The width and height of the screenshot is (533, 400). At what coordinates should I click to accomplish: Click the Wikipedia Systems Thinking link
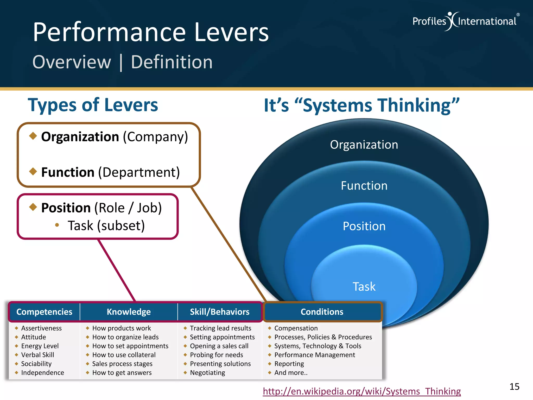coord(362,391)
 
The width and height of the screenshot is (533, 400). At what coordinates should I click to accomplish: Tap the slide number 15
coord(514,387)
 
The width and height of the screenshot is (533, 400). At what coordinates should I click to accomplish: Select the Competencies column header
coord(44,312)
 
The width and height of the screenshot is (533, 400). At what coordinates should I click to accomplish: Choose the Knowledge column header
coord(129,312)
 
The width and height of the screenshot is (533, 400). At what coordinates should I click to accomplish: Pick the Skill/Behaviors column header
coord(220,312)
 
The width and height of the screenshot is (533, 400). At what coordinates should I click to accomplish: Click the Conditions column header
coord(322,312)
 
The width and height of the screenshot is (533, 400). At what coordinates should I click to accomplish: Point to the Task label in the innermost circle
coord(364,286)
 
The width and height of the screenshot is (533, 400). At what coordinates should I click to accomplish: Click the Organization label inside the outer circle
coord(364,145)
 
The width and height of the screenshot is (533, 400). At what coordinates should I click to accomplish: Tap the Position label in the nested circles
coord(364,226)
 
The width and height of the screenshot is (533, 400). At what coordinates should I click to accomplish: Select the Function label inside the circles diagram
coord(364,186)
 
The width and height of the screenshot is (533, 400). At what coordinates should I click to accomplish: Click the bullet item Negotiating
coord(207,373)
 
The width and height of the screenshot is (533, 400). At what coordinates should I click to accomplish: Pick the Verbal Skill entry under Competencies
coord(37,355)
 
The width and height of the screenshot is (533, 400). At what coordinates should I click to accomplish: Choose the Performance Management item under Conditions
coord(315,355)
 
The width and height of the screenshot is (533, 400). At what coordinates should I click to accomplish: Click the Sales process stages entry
coord(122,364)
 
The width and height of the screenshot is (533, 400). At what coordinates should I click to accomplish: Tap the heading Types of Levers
coord(93,105)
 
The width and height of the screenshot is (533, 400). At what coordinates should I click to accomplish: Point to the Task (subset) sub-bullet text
coord(106,226)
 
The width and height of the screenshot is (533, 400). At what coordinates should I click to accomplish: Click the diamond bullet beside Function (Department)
coord(33,171)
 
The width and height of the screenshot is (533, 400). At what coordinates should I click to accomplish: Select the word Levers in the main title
coord(231,32)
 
